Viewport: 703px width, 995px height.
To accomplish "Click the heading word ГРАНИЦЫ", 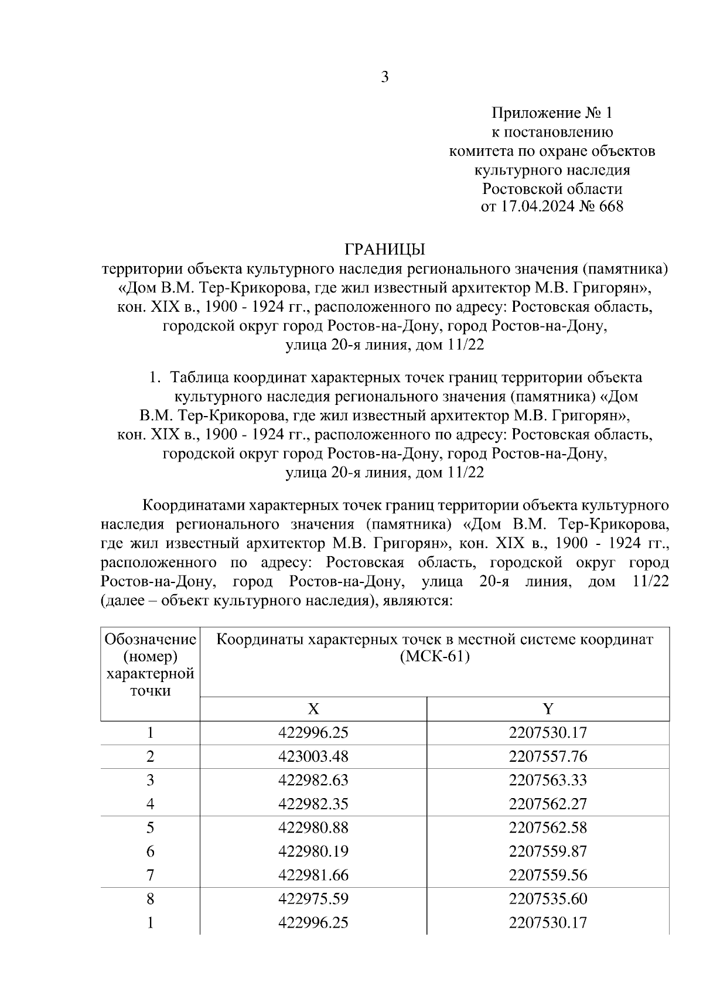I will pyautogui.click(x=384, y=250).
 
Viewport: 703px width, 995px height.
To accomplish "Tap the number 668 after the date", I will pyautogui.click(x=611, y=207).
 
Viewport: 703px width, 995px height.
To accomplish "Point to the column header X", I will pyautogui.click(x=313, y=709).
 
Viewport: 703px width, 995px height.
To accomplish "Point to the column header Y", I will pyautogui.click(x=548, y=709).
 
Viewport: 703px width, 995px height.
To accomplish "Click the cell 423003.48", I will pyautogui.click(x=313, y=757).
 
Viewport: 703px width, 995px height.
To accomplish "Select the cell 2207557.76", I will pyautogui.click(x=548, y=757).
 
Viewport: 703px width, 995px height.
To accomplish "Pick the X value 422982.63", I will pyautogui.click(x=313, y=780).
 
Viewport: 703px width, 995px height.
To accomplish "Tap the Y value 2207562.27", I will pyautogui.click(x=548, y=804).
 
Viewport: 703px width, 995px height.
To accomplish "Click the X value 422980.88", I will pyautogui.click(x=313, y=827).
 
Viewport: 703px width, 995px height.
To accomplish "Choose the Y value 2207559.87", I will pyautogui.click(x=548, y=851).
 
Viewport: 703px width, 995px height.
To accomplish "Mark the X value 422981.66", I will pyautogui.click(x=313, y=875).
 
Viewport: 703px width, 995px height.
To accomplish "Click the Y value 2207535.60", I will pyautogui.click(x=548, y=899).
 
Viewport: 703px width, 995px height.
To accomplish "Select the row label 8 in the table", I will pyautogui.click(x=151, y=899).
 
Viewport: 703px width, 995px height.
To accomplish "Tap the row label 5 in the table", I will pyautogui.click(x=151, y=827).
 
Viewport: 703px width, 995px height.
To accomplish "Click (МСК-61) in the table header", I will pyautogui.click(x=435, y=657).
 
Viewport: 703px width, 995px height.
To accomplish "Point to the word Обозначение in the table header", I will pyautogui.click(x=150, y=639).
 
